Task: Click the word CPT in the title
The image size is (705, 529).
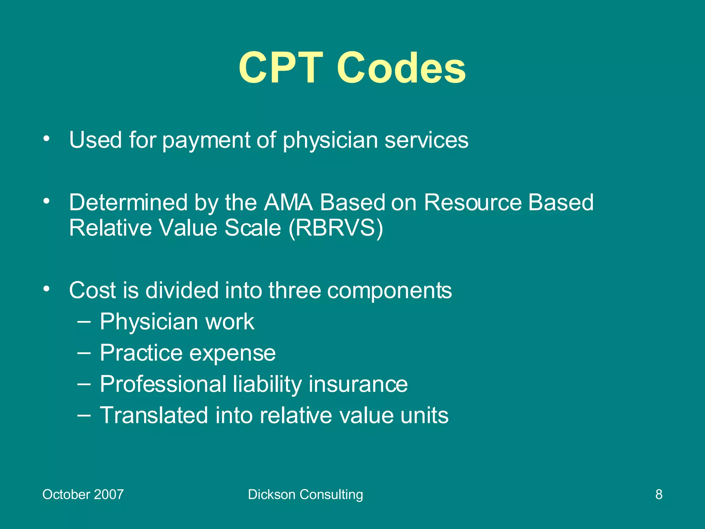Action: [281, 68]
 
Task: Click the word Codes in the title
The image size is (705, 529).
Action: [401, 68]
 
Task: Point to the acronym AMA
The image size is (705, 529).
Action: [288, 202]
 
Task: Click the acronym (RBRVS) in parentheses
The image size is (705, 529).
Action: [336, 228]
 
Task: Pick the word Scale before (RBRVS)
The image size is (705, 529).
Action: [253, 228]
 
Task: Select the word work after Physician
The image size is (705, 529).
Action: [230, 322]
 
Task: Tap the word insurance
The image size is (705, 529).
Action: [358, 384]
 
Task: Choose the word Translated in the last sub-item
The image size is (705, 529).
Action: [154, 415]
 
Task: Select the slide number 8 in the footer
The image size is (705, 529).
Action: [659, 495]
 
